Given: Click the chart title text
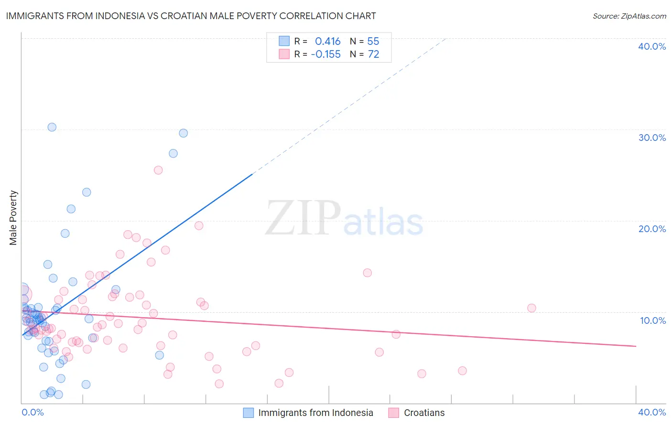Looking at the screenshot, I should (191, 16).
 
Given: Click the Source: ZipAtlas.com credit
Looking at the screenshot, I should (629, 16).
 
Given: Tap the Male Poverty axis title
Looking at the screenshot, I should (13, 218).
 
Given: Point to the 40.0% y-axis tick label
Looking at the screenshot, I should (652, 46).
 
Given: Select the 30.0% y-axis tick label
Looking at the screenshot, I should (652, 138).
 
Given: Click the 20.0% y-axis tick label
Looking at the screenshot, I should (652, 229).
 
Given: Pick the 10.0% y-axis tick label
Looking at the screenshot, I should (652, 320).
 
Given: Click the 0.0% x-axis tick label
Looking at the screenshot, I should (33, 412).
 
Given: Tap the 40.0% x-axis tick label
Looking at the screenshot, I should (652, 412).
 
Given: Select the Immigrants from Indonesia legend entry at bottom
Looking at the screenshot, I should (315, 413).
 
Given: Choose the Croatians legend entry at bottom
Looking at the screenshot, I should (424, 413).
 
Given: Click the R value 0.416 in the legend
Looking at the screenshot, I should (327, 41).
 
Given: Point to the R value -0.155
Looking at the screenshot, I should (325, 54).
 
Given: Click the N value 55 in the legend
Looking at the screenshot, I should (373, 41).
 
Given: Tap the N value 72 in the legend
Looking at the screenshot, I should (373, 54).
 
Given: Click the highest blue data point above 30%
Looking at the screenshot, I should (52, 127).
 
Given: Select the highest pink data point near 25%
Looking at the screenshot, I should (158, 170).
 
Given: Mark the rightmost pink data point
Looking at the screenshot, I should (531, 308).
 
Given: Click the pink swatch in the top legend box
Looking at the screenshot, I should (284, 54).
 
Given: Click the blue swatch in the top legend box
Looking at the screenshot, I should (284, 41).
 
